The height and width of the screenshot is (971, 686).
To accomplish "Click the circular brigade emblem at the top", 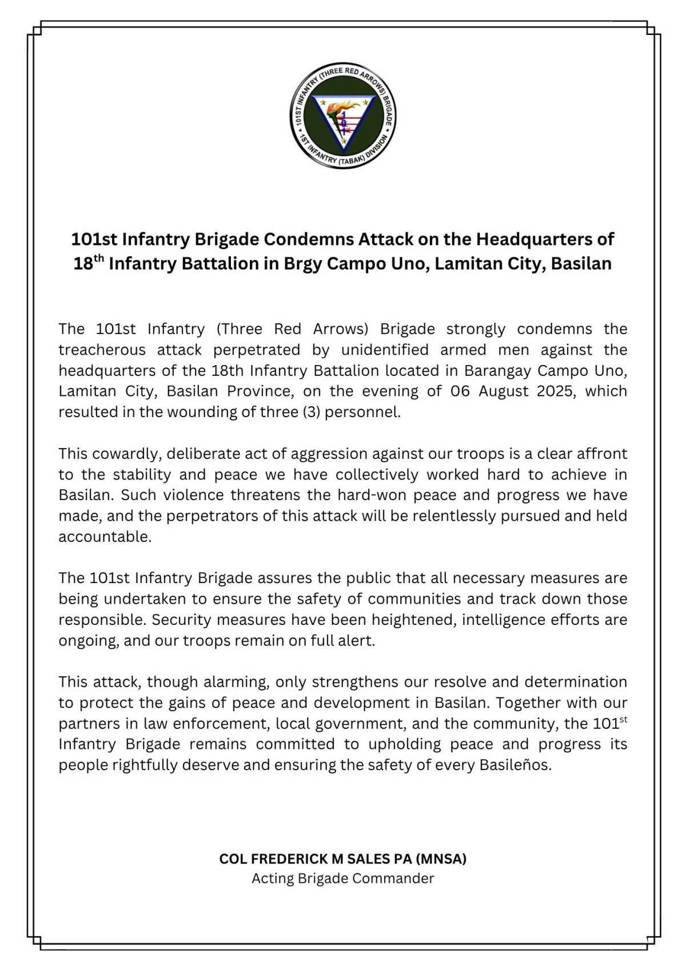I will (343, 116).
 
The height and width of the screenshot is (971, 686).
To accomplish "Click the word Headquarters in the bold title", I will (545, 239).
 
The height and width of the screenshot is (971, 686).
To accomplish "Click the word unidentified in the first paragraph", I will (385, 350).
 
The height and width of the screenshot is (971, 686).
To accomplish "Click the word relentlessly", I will (452, 516).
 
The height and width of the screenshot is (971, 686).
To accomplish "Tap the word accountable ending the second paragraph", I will (105, 537).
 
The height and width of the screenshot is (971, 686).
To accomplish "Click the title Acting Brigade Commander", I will (343, 878).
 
